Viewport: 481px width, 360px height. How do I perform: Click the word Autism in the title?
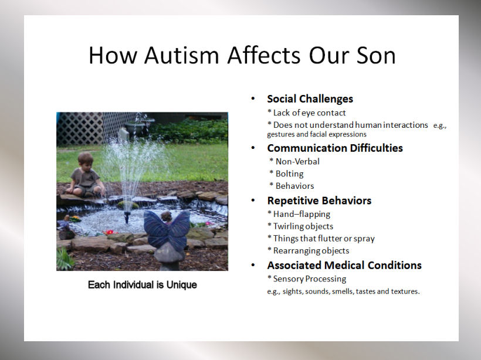coord(182,56)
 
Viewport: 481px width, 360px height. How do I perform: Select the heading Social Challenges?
coord(310,99)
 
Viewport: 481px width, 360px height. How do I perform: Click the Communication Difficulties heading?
coord(335,148)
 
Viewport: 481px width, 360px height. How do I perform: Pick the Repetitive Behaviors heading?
coord(319,201)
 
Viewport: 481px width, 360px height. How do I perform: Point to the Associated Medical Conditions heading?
coord(344,265)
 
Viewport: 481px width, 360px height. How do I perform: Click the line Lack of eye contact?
coord(306,113)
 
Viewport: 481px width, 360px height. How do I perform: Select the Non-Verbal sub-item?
coord(294,161)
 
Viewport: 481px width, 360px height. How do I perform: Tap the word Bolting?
coord(290,174)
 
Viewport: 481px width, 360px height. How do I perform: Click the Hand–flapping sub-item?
coord(299,214)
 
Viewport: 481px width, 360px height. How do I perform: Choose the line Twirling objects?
coord(300,226)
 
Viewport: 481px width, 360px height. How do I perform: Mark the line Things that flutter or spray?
coord(321,239)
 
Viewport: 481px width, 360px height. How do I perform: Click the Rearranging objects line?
coord(309,251)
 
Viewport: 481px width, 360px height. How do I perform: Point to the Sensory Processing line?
coord(307,279)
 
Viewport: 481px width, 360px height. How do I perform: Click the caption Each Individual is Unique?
coord(143,285)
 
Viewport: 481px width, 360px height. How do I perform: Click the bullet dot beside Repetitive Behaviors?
coord(253,201)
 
